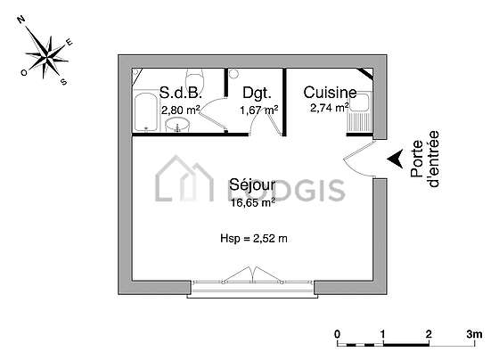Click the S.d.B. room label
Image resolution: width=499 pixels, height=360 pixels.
point(180,93)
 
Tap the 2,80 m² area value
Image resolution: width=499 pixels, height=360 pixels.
point(180,110)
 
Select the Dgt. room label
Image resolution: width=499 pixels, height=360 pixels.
point(258,93)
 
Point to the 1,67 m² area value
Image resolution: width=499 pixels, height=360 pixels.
point(259,110)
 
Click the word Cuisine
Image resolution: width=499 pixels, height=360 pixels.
point(330,93)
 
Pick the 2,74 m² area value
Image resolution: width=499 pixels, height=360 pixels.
point(330,108)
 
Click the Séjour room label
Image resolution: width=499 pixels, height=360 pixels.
point(252,184)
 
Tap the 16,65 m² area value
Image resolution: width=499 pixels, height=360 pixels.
point(253,202)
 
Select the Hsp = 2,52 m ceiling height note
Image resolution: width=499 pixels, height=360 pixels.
point(254,238)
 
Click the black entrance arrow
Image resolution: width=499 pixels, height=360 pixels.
point(396,159)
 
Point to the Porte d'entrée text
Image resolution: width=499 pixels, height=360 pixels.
point(425,159)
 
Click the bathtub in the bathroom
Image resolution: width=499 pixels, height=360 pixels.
point(146,111)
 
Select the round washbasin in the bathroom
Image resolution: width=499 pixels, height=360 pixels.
point(177,125)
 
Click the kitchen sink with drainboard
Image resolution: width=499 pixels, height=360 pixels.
point(358,111)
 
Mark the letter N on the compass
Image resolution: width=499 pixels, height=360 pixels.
point(21,20)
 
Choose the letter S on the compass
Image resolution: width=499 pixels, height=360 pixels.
point(64,82)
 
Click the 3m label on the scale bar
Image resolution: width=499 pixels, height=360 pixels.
point(474,334)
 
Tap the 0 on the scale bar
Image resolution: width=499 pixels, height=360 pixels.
point(337,334)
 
